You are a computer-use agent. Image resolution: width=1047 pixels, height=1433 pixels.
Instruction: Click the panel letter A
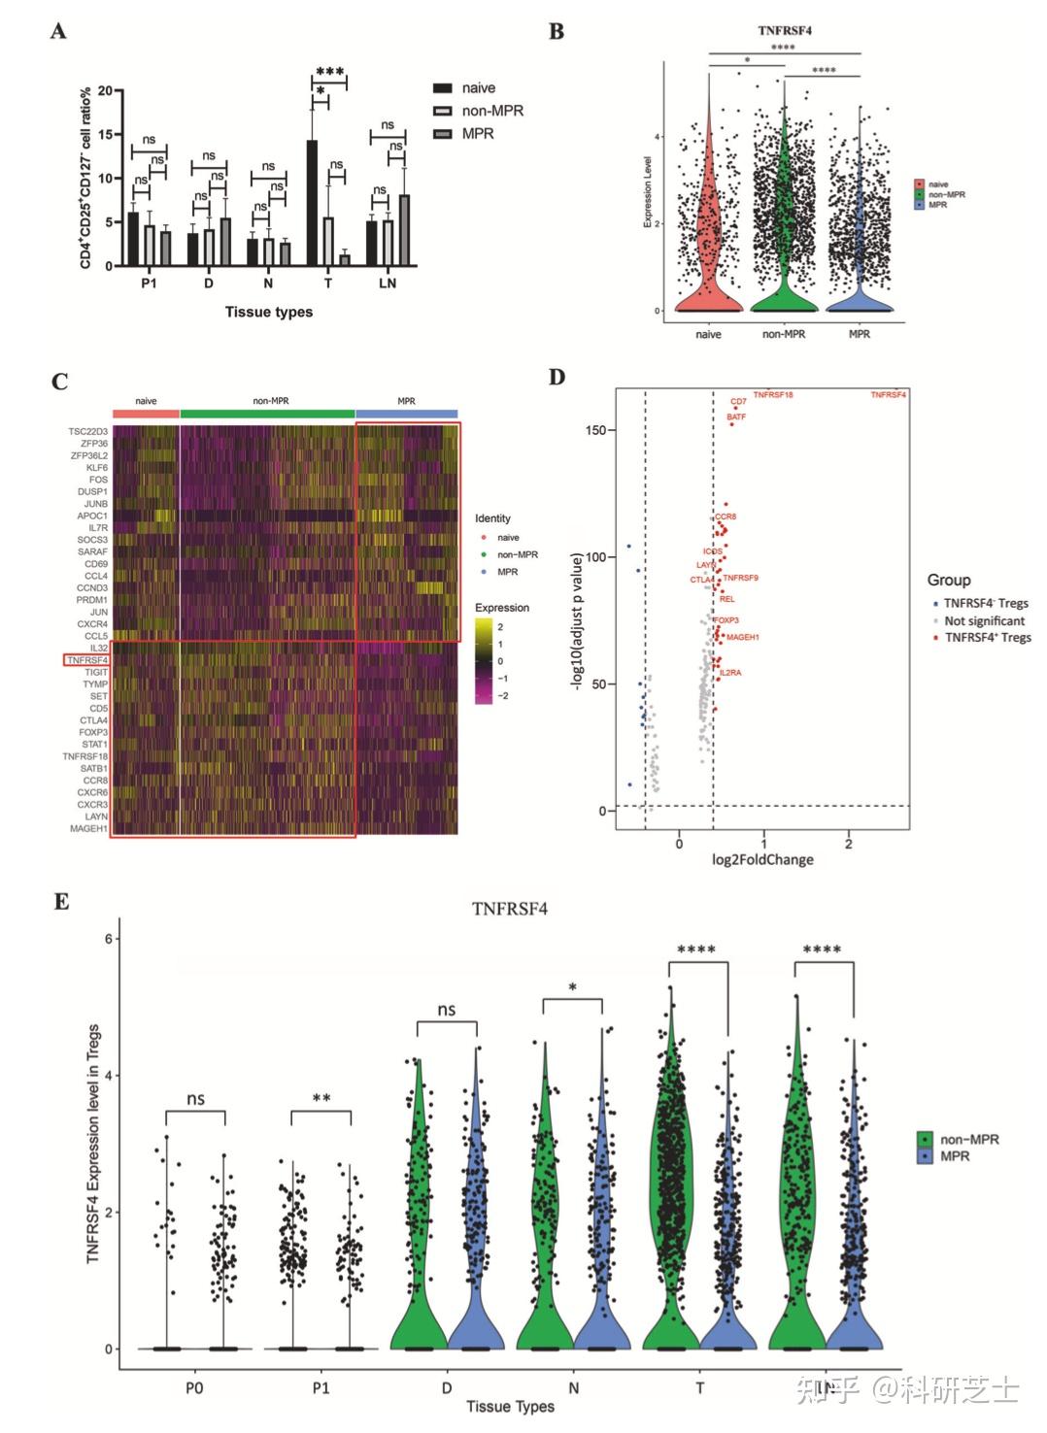coord(58,31)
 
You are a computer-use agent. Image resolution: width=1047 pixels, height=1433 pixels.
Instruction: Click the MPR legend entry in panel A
coord(477,134)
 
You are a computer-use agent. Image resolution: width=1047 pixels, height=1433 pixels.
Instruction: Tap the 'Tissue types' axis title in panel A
coord(269,312)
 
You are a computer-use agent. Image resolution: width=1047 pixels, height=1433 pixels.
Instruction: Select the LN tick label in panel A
coord(388,283)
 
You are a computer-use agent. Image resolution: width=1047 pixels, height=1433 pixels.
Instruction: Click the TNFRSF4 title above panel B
coord(785,30)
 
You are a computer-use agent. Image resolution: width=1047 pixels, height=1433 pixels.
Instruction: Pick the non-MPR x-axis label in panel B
coord(784,334)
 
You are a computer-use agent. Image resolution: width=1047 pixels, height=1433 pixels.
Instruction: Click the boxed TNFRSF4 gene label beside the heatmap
coord(87,660)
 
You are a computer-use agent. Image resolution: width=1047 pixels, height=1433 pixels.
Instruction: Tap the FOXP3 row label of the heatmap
coord(93,732)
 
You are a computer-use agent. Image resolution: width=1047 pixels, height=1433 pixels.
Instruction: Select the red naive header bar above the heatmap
coord(146,414)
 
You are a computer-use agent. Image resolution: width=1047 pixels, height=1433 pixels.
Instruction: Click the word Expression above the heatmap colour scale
coord(502,608)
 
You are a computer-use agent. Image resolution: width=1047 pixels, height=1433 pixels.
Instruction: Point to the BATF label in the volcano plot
coord(736,417)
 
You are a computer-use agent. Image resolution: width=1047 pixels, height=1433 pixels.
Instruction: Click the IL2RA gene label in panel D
coord(730,673)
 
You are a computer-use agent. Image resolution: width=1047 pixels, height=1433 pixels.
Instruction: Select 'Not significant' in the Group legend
coord(984,620)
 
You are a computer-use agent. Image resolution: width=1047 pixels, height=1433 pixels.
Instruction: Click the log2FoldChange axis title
coord(762,859)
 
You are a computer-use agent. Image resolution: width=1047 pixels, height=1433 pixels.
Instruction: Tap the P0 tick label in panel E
coord(194,1387)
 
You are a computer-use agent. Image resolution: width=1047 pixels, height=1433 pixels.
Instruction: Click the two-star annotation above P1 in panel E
coord(321,1099)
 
